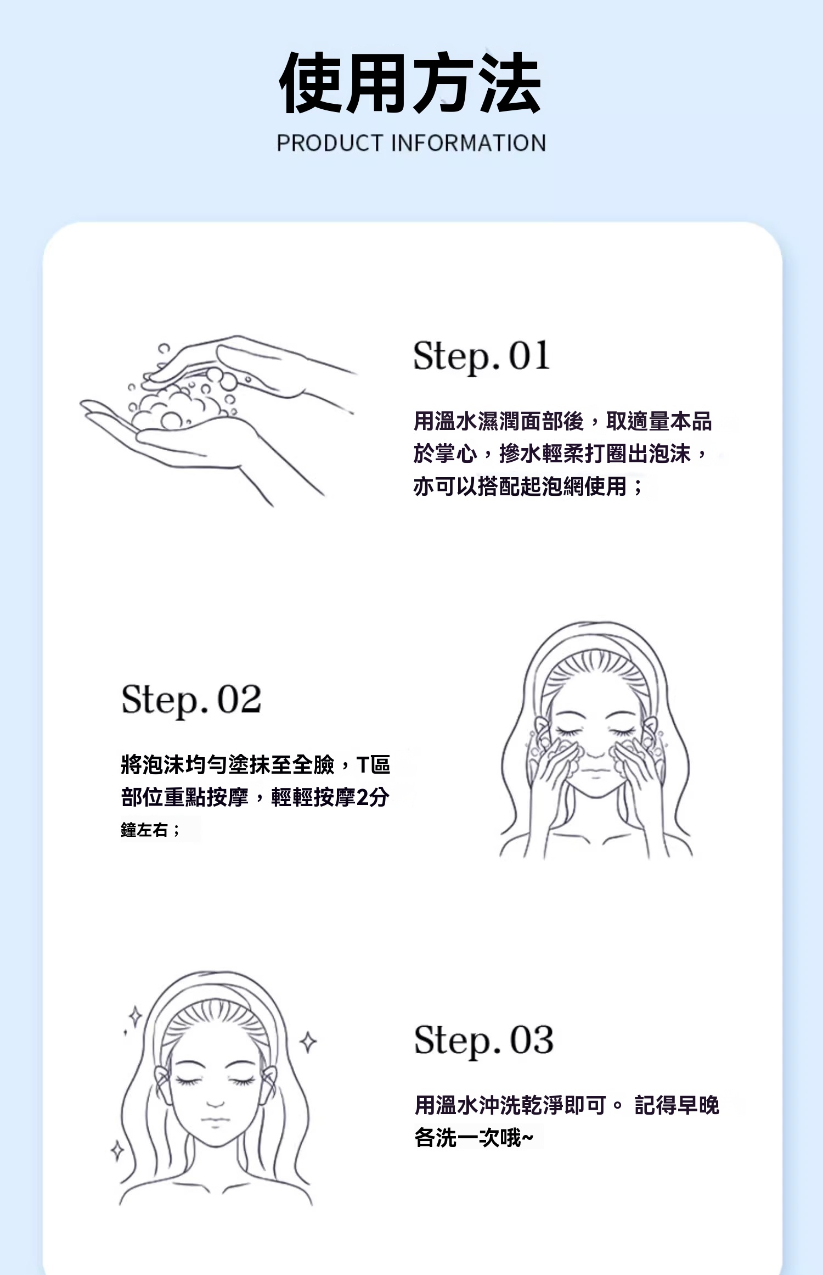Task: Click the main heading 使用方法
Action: tap(410, 83)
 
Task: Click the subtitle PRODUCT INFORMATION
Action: tap(411, 143)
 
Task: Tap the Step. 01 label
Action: tap(481, 356)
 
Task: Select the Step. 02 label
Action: tap(191, 700)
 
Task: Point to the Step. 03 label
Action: tap(483, 1041)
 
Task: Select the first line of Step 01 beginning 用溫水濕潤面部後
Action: tap(562, 421)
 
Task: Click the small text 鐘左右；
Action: tap(150, 830)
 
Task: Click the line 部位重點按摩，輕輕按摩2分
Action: tap(255, 797)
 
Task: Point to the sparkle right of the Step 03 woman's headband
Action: tap(308, 1042)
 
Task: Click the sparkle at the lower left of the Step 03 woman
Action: tap(117, 1150)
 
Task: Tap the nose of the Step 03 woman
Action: tap(215, 1101)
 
